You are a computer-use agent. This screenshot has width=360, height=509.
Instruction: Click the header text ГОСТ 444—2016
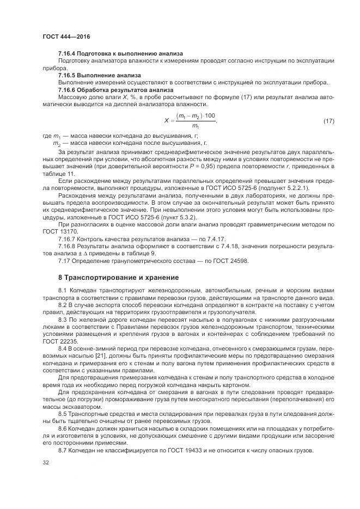[x=66, y=36]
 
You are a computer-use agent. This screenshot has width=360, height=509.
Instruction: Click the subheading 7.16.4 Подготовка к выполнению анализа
[x=120, y=54]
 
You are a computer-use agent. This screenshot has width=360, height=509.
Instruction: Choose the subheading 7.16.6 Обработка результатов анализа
[x=116, y=89]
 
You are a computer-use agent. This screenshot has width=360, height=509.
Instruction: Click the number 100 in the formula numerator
[x=210, y=116]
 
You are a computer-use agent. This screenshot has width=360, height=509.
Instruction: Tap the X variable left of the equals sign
[x=166, y=120]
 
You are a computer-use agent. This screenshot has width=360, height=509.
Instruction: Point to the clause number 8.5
[x=63, y=415]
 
